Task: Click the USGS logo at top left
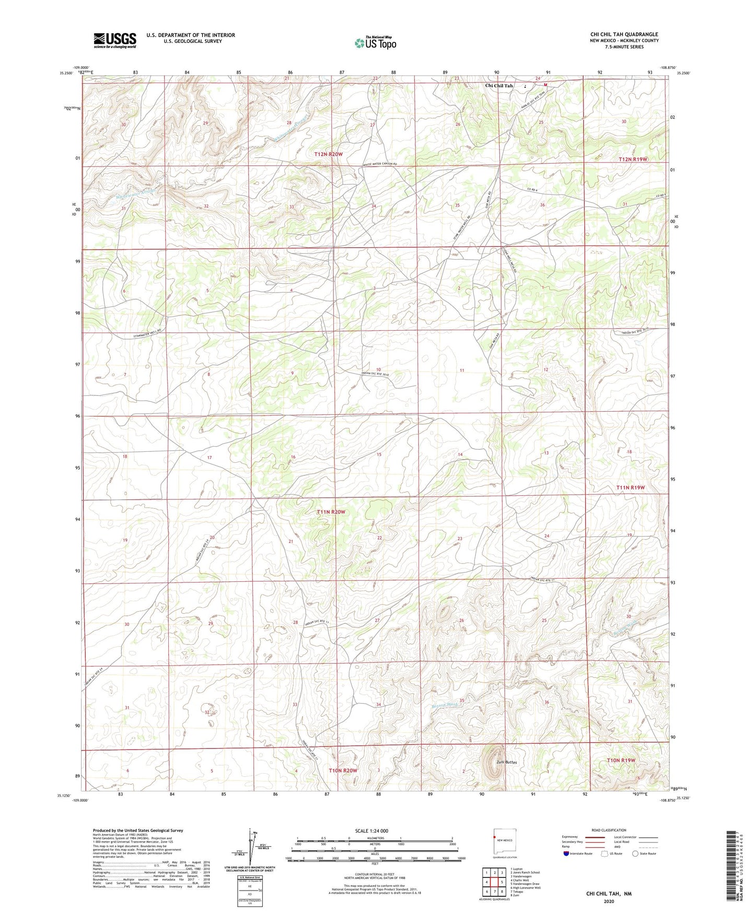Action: click(x=115, y=40)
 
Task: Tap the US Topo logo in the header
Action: click(x=375, y=43)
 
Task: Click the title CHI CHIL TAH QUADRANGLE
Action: click(x=624, y=34)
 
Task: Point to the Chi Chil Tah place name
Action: click(x=499, y=86)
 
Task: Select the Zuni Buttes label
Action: click(x=504, y=762)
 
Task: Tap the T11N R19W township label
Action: click(x=631, y=487)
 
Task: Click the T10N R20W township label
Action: click(x=343, y=770)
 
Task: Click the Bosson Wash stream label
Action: click(x=444, y=704)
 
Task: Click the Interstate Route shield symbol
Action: click(x=566, y=853)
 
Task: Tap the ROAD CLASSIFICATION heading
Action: click(x=608, y=830)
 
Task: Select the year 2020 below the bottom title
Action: click(x=609, y=902)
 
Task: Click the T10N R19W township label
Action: click(x=621, y=760)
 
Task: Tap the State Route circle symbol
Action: click(x=635, y=853)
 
